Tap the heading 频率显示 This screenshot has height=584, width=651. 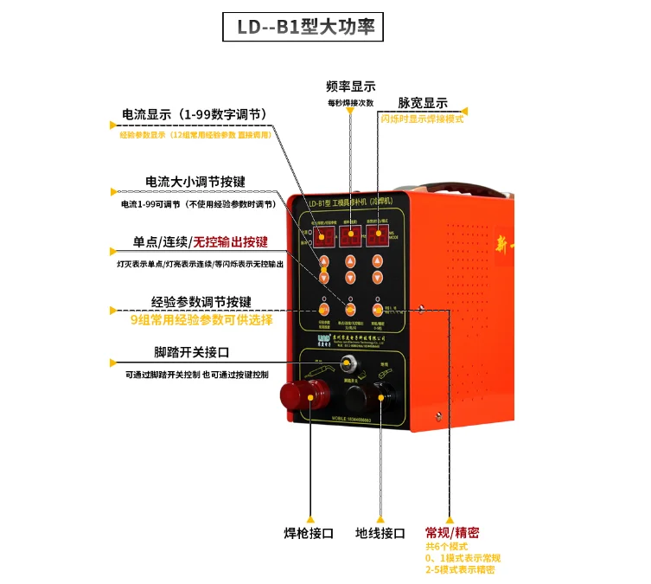(x=350, y=87)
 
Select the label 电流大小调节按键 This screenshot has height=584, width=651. (x=195, y=182)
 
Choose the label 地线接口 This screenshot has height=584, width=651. (x=380, y=533)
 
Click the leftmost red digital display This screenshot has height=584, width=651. (x=324, y=237)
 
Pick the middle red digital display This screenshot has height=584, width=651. (x=350, y=237)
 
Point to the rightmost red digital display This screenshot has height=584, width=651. (x=377, y=237)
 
